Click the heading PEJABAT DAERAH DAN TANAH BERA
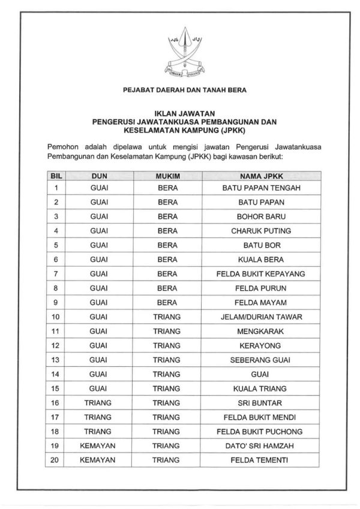(x=179, y=91)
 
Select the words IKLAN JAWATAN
(x=180, y=112)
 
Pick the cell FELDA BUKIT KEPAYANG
(x=261, y=274)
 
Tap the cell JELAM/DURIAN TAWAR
(x=261, y=317)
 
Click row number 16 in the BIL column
(x=56, y=403)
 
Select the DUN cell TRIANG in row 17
(x=99, y=417)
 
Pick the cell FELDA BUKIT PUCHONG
(x=261, y=432)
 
